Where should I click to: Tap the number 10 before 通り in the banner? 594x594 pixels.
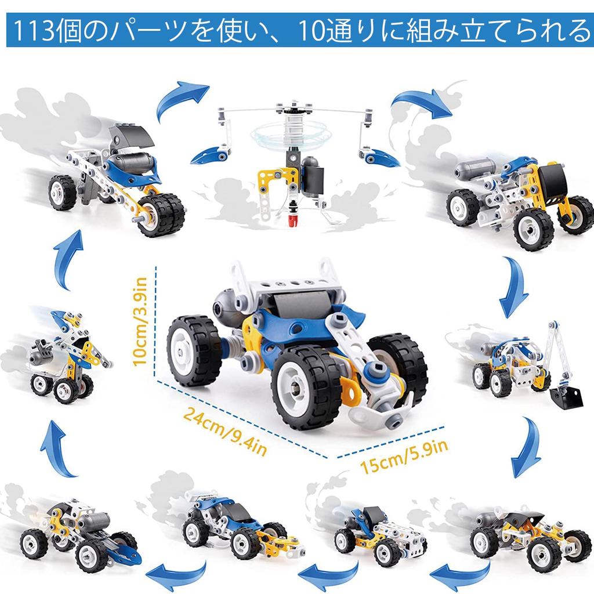[313, 31]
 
